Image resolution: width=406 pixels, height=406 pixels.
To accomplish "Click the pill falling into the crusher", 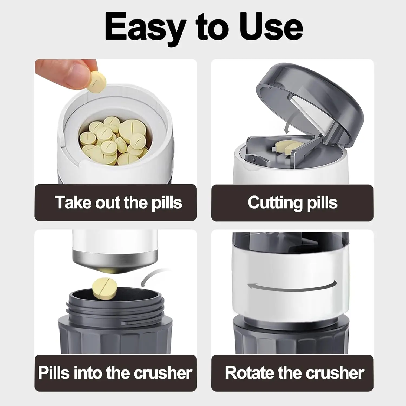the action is [104, 288].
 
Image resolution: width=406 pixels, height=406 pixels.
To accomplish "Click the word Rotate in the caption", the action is [249, 373].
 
